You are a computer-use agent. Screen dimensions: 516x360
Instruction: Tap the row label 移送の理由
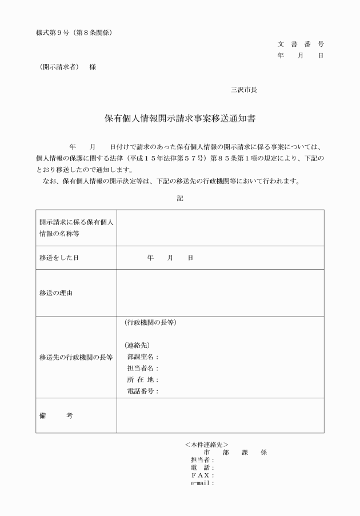pos(55,293)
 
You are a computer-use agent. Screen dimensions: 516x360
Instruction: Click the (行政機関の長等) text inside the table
pos(150,323)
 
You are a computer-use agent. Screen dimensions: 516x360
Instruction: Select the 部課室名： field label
pos(143,357)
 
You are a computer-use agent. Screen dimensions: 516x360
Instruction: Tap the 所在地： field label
pos(143,380)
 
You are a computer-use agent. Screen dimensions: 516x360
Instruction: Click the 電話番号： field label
pos(143,391)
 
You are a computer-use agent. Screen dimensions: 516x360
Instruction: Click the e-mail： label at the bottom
pos(202,483)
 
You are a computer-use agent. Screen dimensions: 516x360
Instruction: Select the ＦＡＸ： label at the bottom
pos(202,475)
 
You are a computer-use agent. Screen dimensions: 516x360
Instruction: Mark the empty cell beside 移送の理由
pos(220,293)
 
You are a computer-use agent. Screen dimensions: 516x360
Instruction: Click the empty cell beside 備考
pos(220,415)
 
